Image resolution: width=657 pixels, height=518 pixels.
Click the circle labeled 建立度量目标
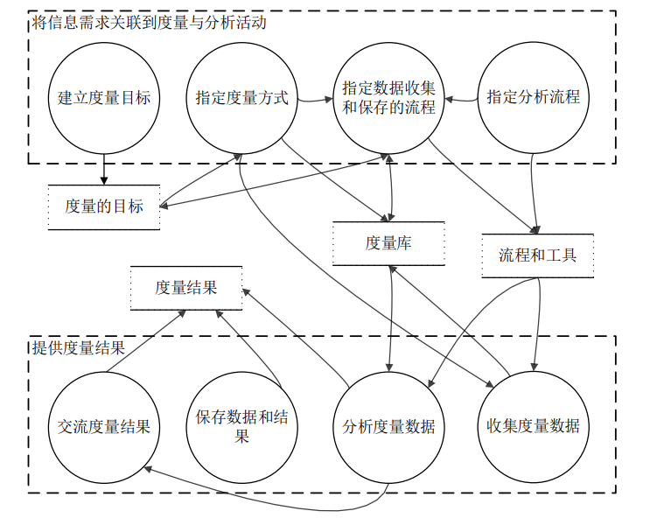[104, 97]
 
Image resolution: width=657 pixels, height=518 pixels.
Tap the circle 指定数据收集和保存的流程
[389, 97]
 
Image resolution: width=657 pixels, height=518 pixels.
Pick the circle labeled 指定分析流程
[533, 97]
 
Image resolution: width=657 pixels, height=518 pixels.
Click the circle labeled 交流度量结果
[104, 426]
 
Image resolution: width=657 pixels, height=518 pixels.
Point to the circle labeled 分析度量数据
[389, 426]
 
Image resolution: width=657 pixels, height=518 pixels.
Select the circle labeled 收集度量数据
[533, 426]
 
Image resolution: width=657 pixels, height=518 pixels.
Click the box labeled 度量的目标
[104, 207]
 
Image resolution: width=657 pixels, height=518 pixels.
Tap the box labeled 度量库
[388, 244]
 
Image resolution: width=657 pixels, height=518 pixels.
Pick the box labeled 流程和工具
[537, 255]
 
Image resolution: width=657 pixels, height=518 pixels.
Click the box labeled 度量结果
[186, 288]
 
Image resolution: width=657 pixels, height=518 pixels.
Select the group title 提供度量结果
[78, 346]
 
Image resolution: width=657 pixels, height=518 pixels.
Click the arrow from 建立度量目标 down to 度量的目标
[104, 168]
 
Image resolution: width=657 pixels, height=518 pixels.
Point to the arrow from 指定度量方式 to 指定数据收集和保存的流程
[312, 100]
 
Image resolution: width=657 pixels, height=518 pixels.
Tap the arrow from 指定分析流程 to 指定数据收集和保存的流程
[462, 101]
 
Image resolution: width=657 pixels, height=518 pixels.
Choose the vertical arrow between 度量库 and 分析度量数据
[388, 319]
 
